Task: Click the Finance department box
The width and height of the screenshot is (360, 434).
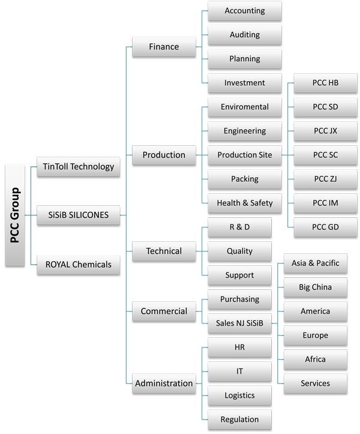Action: (164, 47)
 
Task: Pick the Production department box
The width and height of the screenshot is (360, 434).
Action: (164, 155)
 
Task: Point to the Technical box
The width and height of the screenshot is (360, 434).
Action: (164, 251)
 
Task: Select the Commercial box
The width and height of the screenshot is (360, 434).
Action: (164, 311)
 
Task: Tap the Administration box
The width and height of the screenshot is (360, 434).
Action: (164, 383)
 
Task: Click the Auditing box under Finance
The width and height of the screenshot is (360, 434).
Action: (244, 35)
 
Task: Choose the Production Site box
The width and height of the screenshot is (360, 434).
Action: (244, 155)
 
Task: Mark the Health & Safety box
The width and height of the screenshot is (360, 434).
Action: (244, 203)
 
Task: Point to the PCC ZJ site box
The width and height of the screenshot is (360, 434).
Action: (325, 179)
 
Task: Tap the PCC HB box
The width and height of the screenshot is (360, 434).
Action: (325, 83)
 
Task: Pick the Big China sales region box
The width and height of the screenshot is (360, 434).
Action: (315, 287)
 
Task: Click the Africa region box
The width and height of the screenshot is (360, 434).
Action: (315, 359)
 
